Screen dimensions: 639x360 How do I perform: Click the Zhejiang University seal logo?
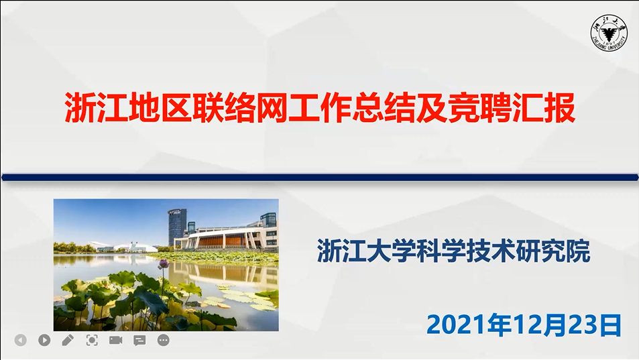coord(609,33)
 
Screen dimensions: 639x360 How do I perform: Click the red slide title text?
coord(321,108)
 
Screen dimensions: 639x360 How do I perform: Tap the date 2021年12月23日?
coord(524,325)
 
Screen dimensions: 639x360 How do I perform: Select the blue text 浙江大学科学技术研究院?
coord(453,251)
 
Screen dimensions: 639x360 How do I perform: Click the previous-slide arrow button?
coord(20,340)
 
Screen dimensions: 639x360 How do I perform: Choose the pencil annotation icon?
coord(68,340)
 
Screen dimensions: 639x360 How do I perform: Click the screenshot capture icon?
coord(92,340)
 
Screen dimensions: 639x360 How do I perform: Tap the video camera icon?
coord(116,340)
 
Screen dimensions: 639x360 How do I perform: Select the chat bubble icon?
coord(139,340)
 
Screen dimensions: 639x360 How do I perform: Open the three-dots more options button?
coord(164,340)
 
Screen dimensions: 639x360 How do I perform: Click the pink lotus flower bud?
coord(164,264)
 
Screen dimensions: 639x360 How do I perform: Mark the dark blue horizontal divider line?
coord(320,177)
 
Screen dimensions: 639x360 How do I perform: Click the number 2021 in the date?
coord(458,325)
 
